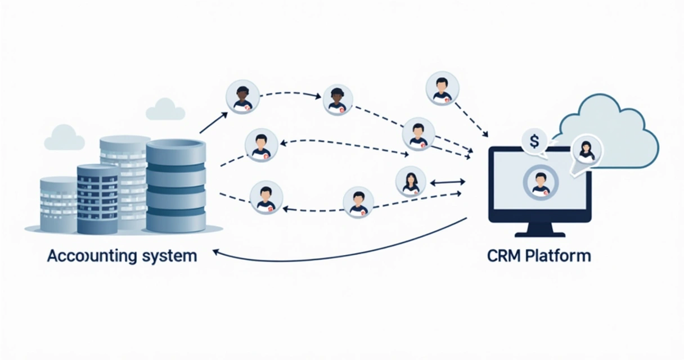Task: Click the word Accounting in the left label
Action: tap(91, 256)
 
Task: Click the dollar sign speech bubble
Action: tap(534, 139)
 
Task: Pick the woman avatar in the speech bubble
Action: tap(586, 150)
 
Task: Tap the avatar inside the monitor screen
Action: tap(540, 182)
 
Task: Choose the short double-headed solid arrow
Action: tap(448, 182)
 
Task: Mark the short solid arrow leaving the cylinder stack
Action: tap(213, 123)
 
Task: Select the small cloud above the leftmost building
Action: tap(64, 138)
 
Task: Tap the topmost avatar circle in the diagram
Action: tap(442, 88)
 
